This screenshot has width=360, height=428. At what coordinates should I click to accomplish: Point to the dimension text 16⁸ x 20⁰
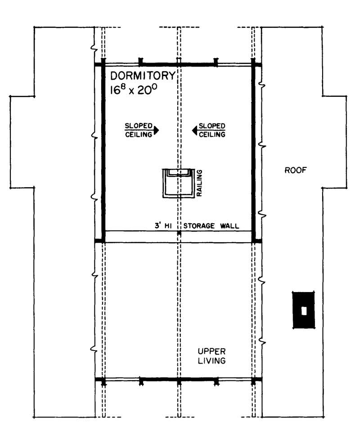click(x=134, y=89)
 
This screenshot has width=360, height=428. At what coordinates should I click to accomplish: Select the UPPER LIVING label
click(x=211, y=356)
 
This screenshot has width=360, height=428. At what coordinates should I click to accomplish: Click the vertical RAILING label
click(x=199, y=183)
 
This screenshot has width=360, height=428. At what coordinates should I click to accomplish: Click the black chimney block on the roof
click(x=304, y=310)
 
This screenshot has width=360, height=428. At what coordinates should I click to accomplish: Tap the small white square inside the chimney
click(x=304, y=310)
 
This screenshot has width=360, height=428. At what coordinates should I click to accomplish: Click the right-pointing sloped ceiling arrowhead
click(x=156, y=130)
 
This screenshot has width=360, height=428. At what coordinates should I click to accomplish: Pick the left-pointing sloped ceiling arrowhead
click(x=195, y=130)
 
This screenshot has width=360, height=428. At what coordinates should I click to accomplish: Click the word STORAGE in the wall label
click(x=199, y=226)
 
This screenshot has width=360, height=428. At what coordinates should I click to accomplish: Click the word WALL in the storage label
click(x=229, y=226)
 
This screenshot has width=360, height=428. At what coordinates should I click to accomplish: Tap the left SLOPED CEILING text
click(x=139, y=130)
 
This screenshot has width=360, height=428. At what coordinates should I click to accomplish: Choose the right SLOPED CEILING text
click(x=212, y=130)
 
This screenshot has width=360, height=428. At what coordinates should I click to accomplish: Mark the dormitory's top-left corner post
click(x=103, y=64)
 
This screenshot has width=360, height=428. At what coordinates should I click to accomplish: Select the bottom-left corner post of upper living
click(x=103, y=380)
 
